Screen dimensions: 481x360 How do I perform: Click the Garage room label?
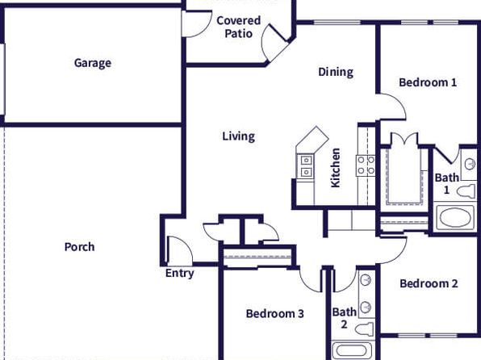point(93,63)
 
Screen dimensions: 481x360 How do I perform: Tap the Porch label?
point(79,247)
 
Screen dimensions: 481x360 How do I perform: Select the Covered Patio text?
point(239,27)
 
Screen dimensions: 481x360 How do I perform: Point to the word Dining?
point(336,72)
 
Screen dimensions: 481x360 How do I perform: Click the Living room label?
point(239,136)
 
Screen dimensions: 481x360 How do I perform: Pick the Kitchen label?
point(335,168)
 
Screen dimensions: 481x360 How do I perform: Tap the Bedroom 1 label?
point(428,82)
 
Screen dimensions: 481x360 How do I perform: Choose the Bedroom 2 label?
point(429,283)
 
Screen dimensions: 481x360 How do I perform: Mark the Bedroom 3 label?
point(275,313)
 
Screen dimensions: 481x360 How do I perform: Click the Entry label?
point(180,273)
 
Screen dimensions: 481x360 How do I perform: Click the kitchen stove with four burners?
point(366,165)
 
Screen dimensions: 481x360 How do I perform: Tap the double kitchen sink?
point(306,166)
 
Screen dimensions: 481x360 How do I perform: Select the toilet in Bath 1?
point(466,191)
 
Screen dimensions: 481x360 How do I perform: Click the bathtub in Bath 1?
point(455,217)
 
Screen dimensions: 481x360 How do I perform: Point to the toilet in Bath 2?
point(365,329)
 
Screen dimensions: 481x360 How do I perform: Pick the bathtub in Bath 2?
point(351,350)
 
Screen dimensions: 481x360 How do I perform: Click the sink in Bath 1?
point(470,164)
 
